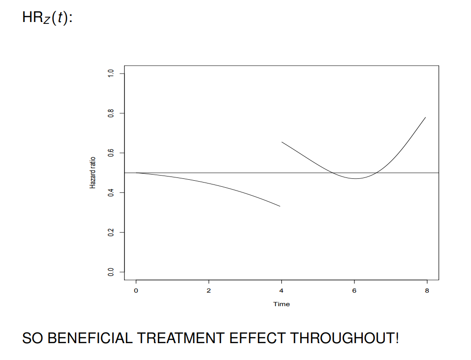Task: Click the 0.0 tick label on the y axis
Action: (110, 272)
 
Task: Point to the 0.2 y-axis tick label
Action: (110, 232)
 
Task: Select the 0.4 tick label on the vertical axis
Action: (110, 192)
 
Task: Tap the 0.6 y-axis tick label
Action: (110, 153)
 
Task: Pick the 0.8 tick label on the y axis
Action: (110, 113)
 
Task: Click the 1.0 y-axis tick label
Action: (110, 73)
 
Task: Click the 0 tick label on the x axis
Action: (136, 291)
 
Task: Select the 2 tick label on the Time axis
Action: (209, 291)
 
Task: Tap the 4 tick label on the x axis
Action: (281, 291)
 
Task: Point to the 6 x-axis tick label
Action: (354, 291)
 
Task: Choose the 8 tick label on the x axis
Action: (427, 291)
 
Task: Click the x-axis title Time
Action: (281, 304)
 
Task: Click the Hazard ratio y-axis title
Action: (93, 173)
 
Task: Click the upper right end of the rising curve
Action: (425, 118)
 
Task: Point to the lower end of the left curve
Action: (280, 206)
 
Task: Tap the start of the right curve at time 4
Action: (282, 142)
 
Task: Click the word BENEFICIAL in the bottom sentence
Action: (89, 338)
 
